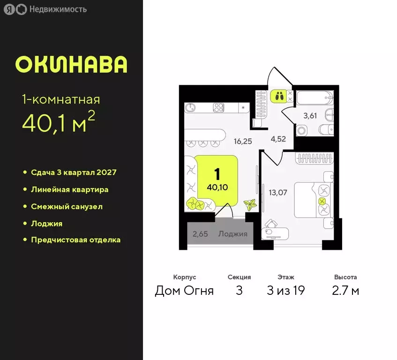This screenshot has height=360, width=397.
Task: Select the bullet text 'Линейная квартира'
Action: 69,189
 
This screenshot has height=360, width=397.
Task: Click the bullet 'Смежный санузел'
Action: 67,206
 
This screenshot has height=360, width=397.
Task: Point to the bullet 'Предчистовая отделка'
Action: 75,240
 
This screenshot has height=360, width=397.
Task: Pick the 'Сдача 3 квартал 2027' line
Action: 74,172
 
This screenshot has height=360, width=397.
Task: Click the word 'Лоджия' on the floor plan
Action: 232,233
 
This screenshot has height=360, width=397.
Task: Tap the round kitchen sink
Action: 191,107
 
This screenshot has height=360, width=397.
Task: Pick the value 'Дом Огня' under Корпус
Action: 184,291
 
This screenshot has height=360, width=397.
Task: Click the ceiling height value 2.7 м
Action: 345,291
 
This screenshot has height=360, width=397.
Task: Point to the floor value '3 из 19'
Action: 285,291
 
